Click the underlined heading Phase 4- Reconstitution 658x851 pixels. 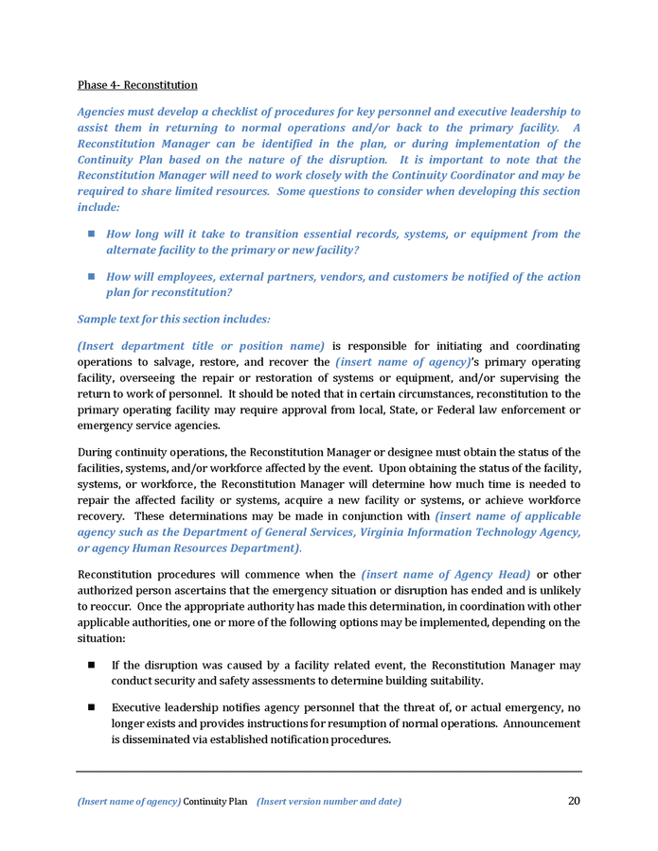coord(137,85)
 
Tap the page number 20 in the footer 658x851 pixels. coord(574,801)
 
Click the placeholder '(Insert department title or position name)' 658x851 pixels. coord(201,346)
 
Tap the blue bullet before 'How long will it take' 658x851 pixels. coord(92,233)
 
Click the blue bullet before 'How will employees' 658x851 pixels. coord(92,276)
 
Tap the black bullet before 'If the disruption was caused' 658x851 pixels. coord(92,665)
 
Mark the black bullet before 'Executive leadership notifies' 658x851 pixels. coord(92,707)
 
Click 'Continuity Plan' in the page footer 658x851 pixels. coord(215,802)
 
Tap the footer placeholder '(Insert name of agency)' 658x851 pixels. coord(129,802)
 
